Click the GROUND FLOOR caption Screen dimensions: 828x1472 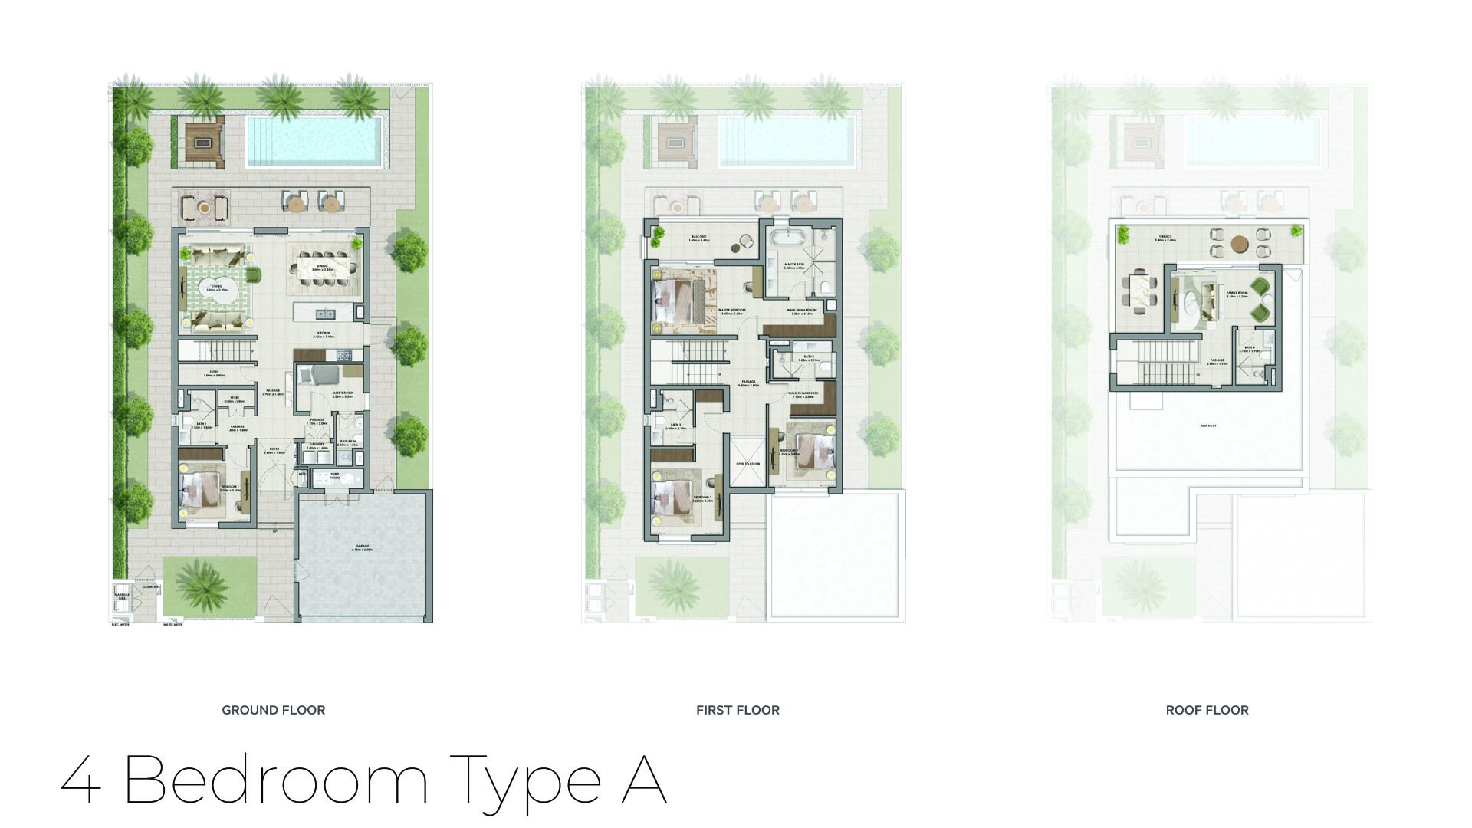[x=273, y=710]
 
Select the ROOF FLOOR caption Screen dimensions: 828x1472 [x=1207, y=710]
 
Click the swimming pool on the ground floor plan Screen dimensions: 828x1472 [x=313, y=143]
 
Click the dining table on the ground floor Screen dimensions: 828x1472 [x=323, y=268]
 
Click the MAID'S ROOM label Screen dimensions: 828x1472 [x=343, y=395]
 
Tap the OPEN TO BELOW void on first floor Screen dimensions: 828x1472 [x=747, y=464]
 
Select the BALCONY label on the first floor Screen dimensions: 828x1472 [x=698, y=238]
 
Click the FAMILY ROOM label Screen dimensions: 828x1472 [x=1237, y=294]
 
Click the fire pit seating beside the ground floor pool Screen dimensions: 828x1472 [x=205, y=142]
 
